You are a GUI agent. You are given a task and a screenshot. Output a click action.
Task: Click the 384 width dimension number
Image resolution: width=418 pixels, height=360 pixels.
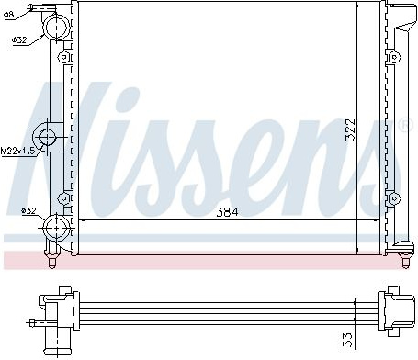point(227,211)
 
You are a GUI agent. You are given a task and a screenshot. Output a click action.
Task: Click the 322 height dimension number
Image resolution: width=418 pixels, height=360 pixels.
point(350,129)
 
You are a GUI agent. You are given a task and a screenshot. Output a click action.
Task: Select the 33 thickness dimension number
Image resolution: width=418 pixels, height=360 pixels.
point(348,340)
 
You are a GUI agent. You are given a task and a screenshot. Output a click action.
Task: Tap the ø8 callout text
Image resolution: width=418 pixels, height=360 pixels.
point(9,15)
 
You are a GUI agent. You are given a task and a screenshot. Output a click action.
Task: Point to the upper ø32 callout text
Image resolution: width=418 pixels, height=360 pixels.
point(19,39)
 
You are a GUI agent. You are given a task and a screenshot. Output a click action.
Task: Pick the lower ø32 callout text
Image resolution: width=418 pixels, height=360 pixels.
point(28,210)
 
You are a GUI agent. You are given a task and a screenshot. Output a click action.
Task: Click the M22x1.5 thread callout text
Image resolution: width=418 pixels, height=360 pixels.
point(18,151)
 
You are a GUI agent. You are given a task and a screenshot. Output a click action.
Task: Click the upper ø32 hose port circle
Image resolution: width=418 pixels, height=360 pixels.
point(57,28)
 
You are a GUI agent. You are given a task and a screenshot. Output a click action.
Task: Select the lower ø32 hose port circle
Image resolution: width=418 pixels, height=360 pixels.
point(56,229)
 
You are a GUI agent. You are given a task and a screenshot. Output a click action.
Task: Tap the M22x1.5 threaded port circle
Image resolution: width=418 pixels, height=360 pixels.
point(47,137)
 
